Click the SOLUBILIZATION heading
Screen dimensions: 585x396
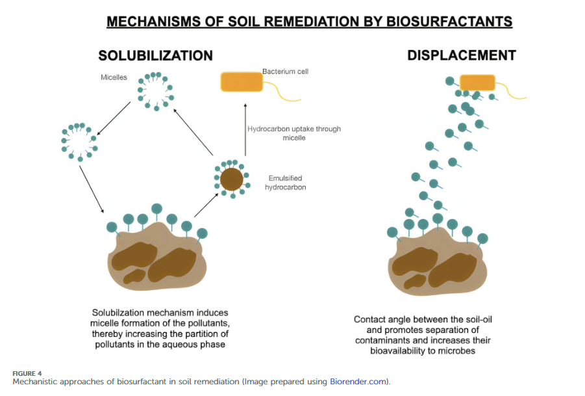pyautogui.click(x=156, y=56)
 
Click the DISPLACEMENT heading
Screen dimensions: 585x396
pyautogui.click(x=462, y=55)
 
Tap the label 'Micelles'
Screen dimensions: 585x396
pyautogui.click(x=114, y=77)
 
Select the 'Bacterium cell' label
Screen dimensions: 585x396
pyautogui.click(x=286, y=72)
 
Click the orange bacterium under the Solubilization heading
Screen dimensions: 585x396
pyautogui.click(x=242, y=82)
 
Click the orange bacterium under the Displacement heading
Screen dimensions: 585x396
pyautogui.click(x=478, y=83)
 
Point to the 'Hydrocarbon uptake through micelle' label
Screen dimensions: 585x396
pyautogui.click(x=294, y=133)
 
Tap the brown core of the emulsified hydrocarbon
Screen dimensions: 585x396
pyautogui.click(x=232, y=179)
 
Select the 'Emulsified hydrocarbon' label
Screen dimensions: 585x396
pyautogui.click(x=286, y=183)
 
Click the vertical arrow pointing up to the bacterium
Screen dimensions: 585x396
pyautogui.click(x=245, y=129)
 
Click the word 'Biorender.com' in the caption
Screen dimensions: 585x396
pyautogui.click(x=358, y=382)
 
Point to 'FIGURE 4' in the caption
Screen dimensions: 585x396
pyautogui.click(x=27, y=373)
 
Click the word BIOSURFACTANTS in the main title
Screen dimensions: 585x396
pyautogui.click(x=449, y=21)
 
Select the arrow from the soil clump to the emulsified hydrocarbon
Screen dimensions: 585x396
pyautogui.click(x=206, y=205)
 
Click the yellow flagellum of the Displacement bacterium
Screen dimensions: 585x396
pyautogui.click(x=510, y=92)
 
